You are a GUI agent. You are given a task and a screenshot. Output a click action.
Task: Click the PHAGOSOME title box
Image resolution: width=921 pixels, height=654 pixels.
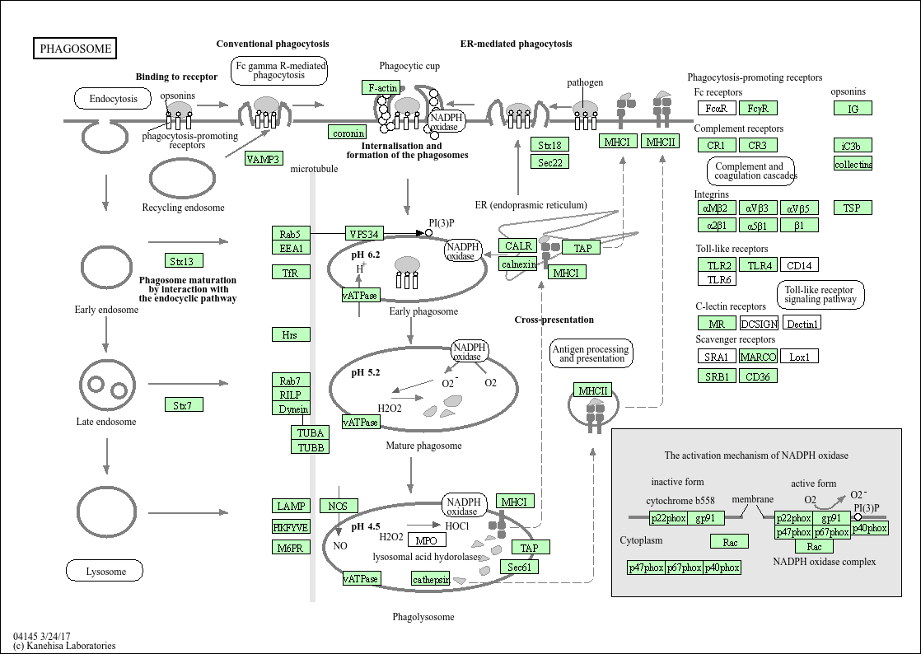click(75, 49)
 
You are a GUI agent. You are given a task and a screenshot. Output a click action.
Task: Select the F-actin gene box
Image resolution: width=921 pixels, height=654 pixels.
click(382, 87)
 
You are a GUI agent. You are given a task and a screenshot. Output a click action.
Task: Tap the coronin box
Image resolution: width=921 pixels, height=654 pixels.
click(348, 133)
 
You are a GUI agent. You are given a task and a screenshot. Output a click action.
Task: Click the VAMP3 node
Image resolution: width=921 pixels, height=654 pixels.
click(264, 159)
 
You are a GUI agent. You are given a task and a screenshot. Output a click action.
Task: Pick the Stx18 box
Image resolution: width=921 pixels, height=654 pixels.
click(549, 145)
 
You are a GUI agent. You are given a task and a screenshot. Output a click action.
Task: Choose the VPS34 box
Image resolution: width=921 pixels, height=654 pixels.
click(363, 234)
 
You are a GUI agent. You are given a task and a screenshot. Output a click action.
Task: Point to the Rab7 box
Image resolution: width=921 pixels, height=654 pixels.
click(290, 381)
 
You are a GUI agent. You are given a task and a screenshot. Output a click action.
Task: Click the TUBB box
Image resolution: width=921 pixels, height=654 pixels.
click(310, 447)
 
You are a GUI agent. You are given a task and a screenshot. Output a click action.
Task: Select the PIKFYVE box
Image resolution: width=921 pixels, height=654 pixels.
click(291, 527)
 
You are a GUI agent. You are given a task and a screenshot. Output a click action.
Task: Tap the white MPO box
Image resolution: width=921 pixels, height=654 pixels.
click(427, 540)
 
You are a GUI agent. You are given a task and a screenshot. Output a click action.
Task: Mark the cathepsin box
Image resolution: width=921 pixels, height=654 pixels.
click(432, 579)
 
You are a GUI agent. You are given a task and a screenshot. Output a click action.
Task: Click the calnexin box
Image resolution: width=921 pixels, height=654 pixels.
click(518, 264)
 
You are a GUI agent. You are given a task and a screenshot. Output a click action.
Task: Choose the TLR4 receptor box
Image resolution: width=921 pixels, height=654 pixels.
click(757, 265)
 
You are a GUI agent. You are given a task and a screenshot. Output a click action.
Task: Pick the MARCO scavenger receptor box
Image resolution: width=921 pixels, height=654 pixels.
click(757, 357)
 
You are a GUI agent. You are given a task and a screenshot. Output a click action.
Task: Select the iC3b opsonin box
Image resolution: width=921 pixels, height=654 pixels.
click(852, 146)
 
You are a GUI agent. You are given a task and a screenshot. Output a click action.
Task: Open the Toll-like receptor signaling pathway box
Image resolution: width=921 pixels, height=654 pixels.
click(820, 295)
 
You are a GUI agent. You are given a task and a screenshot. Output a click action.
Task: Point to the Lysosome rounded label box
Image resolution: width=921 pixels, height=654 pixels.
click(105, 571)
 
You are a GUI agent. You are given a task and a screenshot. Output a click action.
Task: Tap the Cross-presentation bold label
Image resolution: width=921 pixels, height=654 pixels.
click(554, 320)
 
